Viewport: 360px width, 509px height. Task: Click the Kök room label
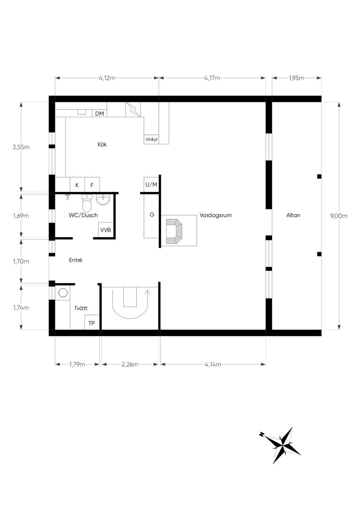pyautogui.click(x=102, y=144)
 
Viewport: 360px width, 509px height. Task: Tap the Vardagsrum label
pyautogui.click(x=216, y=215)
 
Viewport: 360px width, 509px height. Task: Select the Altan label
pyautogui.click(x=293, y=215)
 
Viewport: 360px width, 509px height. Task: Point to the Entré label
pyautogui.click(x=76, y=260)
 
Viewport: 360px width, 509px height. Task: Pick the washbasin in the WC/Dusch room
pyautogui.click(x=103, y=200)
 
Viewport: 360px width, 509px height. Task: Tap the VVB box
pyautogui.click(x=106, y=230)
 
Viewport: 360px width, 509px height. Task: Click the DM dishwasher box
pyautogui.click(x=99, y=114)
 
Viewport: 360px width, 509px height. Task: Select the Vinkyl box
pyautogui.click(x=152, y=140)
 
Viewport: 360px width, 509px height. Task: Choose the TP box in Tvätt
pyautogui.click(x=92, y=323)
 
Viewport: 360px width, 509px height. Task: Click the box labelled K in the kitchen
pyautogui.click(x=77, y=185)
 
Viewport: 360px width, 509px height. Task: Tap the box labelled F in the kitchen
pyautogui.click(x=92, y=185)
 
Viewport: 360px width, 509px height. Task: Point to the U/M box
pyautogui.click(x=151, y=185)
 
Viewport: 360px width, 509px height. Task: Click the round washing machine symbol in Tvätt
pyautogui.click(x=63, y=293)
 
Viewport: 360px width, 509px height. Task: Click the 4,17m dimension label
pyautogui.click(x=212, y=78)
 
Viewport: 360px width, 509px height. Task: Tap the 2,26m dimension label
pyautogui.click(x=130, y=365)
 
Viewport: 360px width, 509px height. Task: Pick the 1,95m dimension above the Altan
pyautogui.click(x=297, y=78)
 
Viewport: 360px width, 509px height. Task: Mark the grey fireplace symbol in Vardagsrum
pyautogui.click(x=174, y=231)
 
